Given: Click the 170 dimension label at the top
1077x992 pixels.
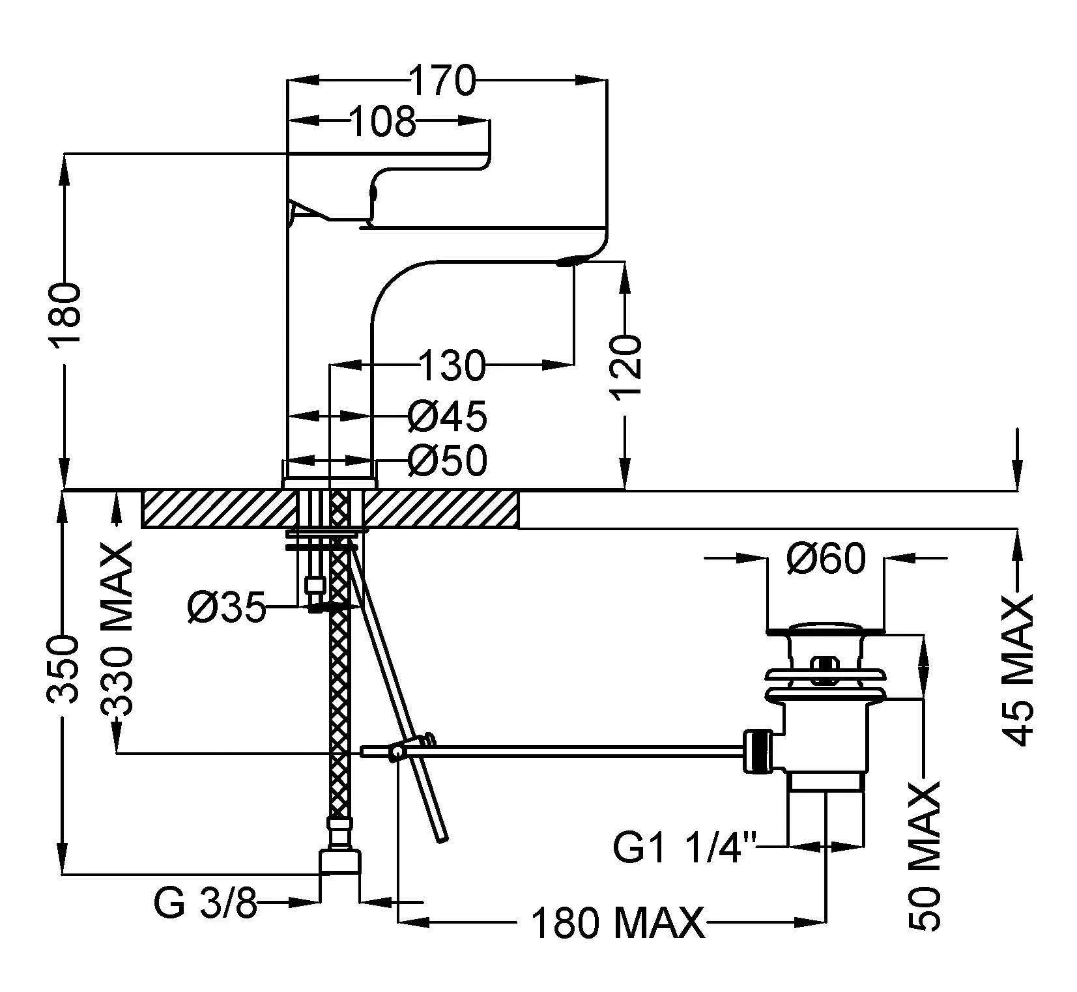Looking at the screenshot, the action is pyautogui.click(x=444, y=81).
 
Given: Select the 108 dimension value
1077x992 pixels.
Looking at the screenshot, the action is pyautogui.click(x=382, y=122).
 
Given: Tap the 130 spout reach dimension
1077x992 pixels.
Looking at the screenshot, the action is pyautogui.click(x=452, y=365).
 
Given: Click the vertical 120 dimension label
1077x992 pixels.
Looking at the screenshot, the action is pyautogui.click(x=625, y=367).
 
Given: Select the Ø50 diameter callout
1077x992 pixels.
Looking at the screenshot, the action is pyautogui.click(x=448, y=461).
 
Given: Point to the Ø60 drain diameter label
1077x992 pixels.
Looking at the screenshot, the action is pyautogui.click(x=826, y=558).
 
